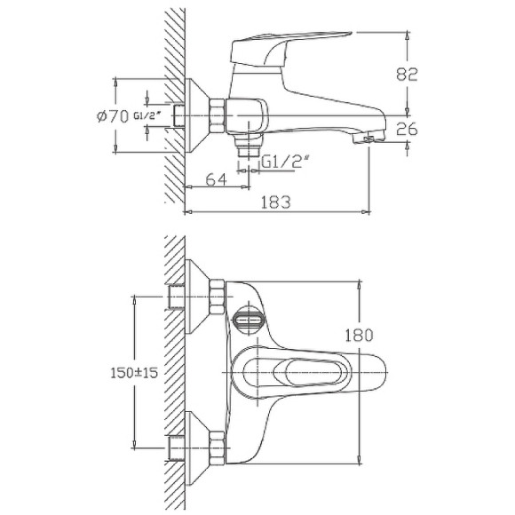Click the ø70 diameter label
click(x=111, y=115)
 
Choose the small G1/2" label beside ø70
click(x=146, y=116)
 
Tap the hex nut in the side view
click(x=218, y=115)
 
